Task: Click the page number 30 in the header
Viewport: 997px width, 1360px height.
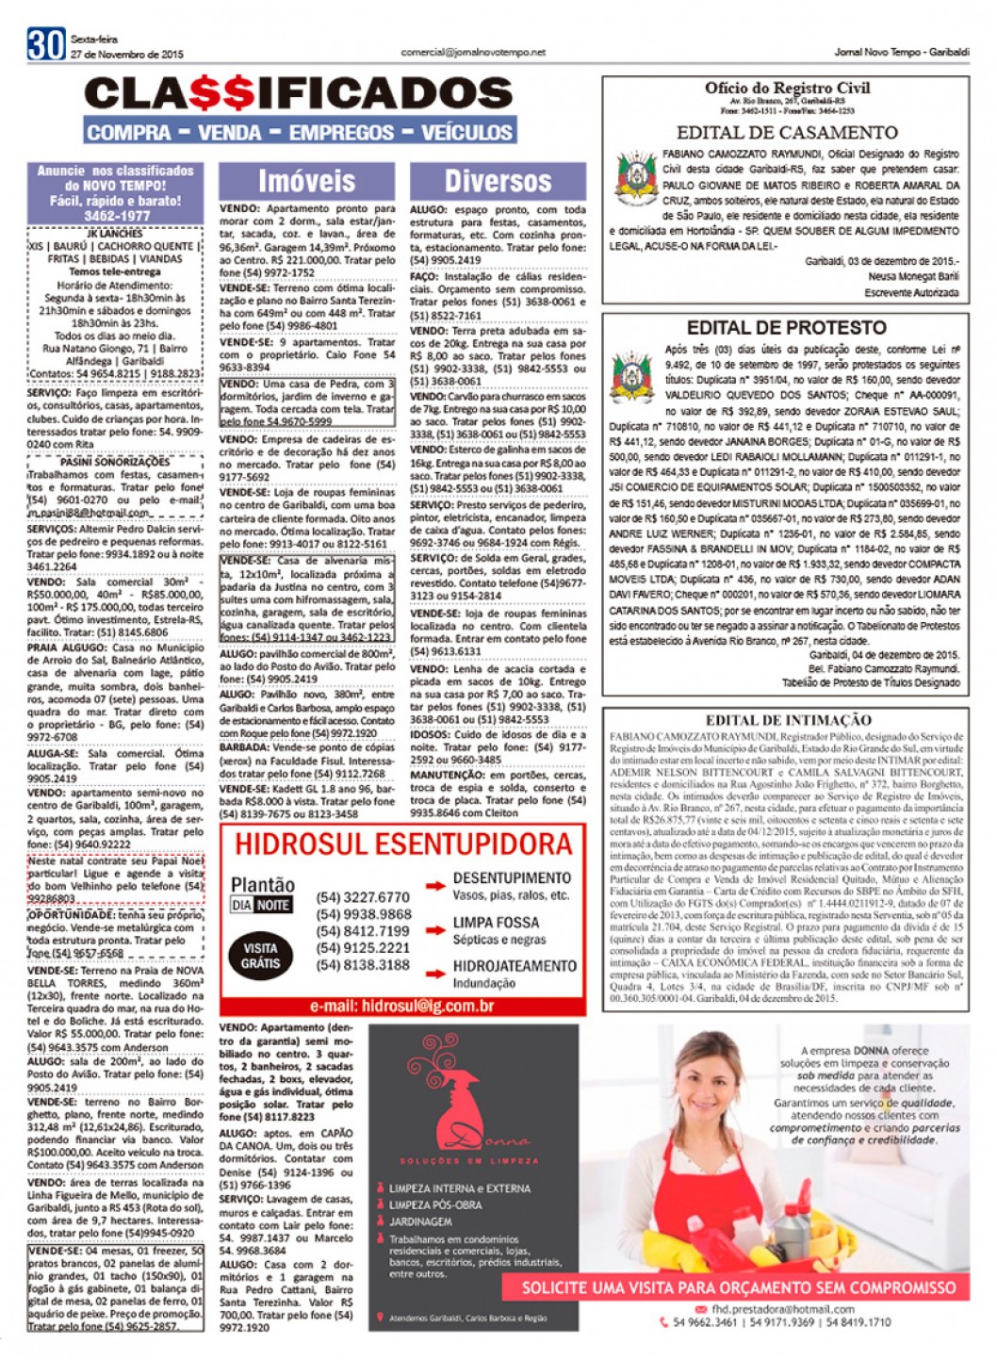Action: coord(45,44)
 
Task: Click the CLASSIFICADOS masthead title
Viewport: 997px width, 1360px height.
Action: coord(299,94)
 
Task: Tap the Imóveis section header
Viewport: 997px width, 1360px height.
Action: coord(307,180)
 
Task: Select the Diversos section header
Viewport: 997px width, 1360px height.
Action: coord(498,180)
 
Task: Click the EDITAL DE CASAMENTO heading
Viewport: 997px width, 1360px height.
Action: coord(787,133)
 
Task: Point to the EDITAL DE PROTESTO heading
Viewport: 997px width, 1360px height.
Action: coord(787,328)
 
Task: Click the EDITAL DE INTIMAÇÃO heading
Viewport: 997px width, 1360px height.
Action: coord(788,720)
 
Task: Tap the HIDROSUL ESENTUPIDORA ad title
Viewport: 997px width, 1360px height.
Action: coord(403,844)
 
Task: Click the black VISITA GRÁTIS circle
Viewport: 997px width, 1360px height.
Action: coord(260,956)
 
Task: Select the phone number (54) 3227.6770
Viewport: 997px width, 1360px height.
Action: coord(364,897)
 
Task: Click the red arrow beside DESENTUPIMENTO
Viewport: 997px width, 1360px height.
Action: coord(435,886)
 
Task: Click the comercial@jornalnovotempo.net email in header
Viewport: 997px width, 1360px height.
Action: coord(473,53)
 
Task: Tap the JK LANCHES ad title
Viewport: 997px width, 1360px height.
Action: coord(115,233)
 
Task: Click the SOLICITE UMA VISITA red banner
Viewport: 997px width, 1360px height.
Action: coord(739,1287)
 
